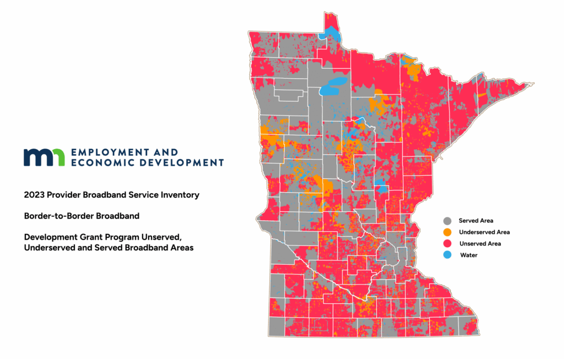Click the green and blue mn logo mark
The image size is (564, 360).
[x=44, y=157]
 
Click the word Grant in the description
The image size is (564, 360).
[x=86, y=237]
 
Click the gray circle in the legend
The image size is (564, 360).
[x=448, y=221]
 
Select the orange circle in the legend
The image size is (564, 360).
[x=448, y=232]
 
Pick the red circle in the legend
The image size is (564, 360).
[x=448, y=243]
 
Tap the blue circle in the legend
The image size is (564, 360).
[x=448, y=255]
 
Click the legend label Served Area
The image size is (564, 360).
[x=475, y=221]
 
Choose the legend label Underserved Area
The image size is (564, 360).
[x=484, y=232]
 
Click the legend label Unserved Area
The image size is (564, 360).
[x=479, y=243]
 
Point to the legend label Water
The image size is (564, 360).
[x=468, y=255]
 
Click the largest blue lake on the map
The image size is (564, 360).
[x=334, y=87]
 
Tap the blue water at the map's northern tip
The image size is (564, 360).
[x=332, y=32]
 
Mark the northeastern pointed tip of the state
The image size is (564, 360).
[x=532, y=84]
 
